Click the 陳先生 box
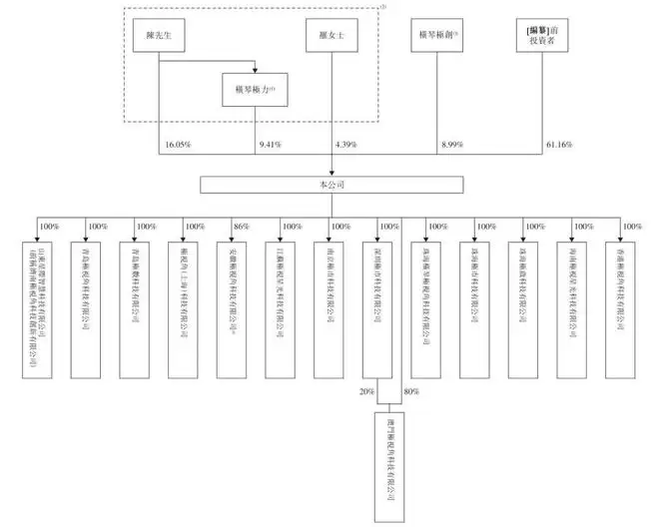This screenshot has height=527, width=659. click(160, 36)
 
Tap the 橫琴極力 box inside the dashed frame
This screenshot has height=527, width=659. click(256, 91)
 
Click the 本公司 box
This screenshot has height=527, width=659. click(329, 185)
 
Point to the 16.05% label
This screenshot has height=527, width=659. click(178, 147)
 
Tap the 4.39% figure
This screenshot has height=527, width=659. click(345, 147)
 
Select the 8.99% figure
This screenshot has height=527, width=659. click(453, 147)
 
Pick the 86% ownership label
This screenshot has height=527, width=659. click(241, 227)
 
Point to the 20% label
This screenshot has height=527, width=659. click(366, 391)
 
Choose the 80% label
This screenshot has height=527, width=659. click(411, 391)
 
